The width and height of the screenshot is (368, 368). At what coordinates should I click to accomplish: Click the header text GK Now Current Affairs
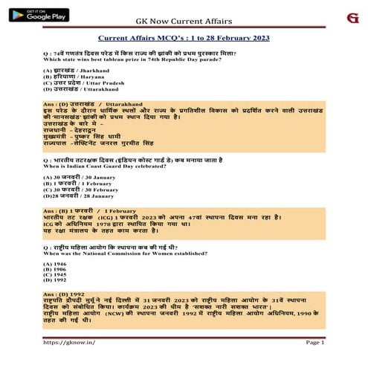tap(183, 22)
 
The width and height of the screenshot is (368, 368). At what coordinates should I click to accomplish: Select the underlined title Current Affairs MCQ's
tap(183, 38)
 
